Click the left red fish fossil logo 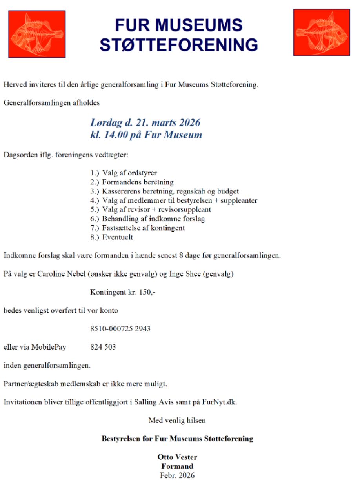[x=37, y=34]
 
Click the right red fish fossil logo [x=322, y=33]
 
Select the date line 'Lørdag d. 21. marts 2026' [x=145, y=123]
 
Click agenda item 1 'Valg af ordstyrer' [x=129, y=173]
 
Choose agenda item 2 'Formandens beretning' [x=138, y=182]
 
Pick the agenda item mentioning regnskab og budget [x=170, y=191]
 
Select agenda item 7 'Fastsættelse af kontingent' [x=143, y=228]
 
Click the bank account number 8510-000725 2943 [x=120, y=329]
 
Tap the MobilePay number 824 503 [x=103, y=347]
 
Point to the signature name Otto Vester [x=177, y=457]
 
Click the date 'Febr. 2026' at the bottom [x=177, y=475]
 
